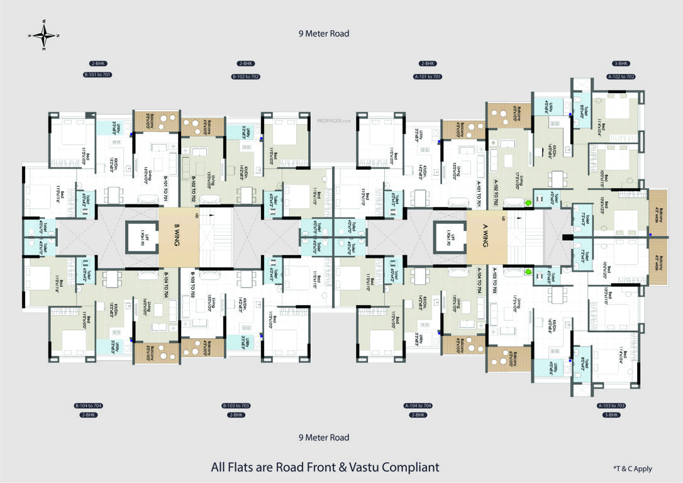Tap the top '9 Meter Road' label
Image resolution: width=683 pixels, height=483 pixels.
pyautogui.click(x=323, y=33)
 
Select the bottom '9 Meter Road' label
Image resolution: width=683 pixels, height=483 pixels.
pyautogui.click(x=323, y=437)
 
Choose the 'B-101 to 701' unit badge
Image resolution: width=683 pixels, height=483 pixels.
pyautogui.click(x=97, y=75)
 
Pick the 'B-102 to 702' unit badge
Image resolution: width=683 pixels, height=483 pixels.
pyautogui.click(x=245, y=76)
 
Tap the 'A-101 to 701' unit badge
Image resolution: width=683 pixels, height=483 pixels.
pyautogui.click(x=427, y=76)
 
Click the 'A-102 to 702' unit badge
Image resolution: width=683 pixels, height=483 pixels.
pyautogui.click(x=621, y=76)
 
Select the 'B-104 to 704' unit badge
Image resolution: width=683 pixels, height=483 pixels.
pyautogui.click(x=88, y=406)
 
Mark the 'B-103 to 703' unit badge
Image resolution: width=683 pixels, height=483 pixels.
pyautogui.click(x=236, y=406)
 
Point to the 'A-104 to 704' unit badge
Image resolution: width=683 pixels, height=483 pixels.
pyautogui.click(x=418, y=406)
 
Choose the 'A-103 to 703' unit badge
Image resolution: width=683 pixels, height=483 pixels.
pyautogui.click(x=611, y=406)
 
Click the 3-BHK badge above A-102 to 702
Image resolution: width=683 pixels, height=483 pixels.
pyautogui.click(x=621, y=64)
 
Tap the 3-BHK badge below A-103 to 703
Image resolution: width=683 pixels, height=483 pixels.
pyautogui.click(x=611, y=415)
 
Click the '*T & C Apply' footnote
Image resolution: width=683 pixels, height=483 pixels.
pyautogui.click(x=632, y=469)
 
